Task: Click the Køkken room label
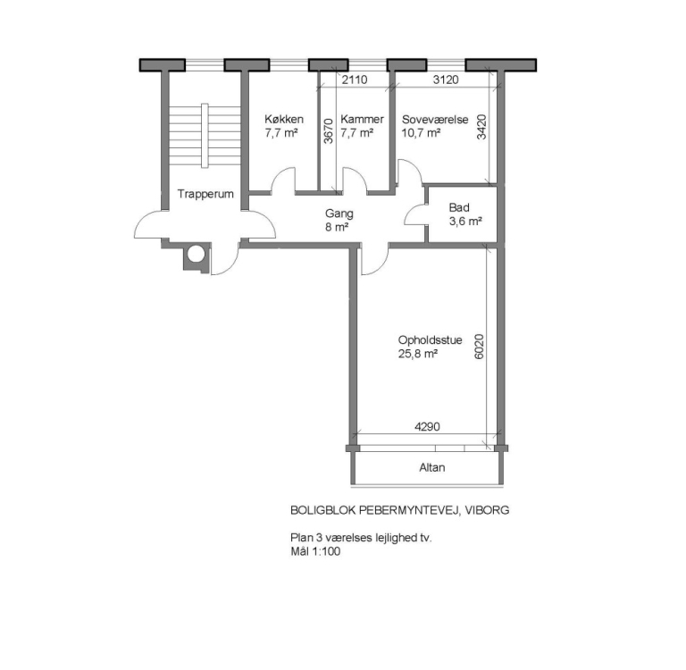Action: click(x=284, y=120)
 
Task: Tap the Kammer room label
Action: click(x=362, y=120)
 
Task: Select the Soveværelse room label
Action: click(x=435, y=120)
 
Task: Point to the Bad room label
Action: click(x=459, y=207)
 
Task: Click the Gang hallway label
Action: click(x=339, y=214)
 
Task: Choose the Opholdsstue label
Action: click(x=431, y=340)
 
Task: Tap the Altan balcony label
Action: click(x=431, y=467)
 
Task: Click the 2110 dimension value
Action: click(x=355, y=80)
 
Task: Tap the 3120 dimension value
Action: click(x=446, y=80)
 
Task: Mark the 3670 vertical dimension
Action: click(x=328, y=131)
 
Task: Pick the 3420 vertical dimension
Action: click(x=481, y=129)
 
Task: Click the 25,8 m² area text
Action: click(x=417, y=354)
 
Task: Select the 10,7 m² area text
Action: click(x=422, y=133)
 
